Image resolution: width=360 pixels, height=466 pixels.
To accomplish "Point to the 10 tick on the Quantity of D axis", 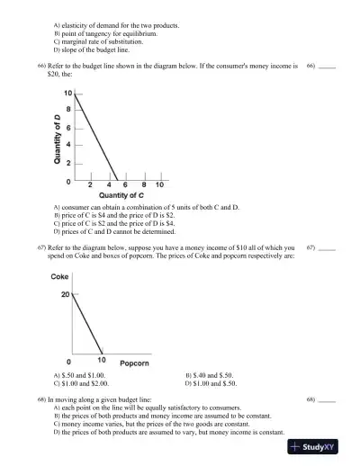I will pos(67,93).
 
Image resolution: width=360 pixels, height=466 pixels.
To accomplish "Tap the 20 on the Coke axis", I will pos(65,294).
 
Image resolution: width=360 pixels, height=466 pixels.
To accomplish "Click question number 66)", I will pos(41,66).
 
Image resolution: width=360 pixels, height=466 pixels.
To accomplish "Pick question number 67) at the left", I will pos(41,246).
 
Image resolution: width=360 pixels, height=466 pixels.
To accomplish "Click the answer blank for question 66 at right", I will pos(327,67).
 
